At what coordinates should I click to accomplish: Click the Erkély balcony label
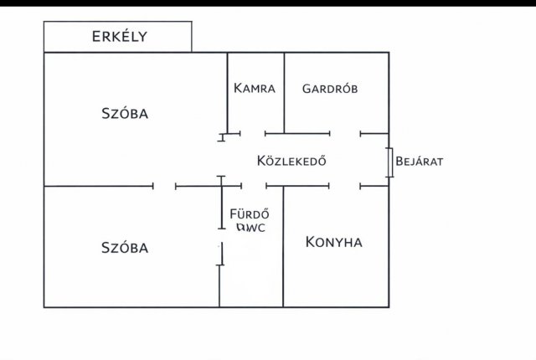point(119,36)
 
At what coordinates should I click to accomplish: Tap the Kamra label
point(255,88)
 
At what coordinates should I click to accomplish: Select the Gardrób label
point(330,89)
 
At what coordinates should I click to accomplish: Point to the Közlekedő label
point(291,161)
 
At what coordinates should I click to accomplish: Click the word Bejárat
point(419,162)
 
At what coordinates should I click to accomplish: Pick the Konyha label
point(333,242)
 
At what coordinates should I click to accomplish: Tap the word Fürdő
point(250,214)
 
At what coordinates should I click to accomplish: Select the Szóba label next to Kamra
point(125,113)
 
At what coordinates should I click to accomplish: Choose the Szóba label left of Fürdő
point(125,248)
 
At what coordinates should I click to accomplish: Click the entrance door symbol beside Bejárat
point(389,162)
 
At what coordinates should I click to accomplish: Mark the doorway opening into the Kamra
point(253,134)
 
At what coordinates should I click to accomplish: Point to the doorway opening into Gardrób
point(345,134)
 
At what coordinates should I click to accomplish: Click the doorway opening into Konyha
point(344,186)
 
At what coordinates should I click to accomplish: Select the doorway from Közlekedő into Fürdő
point(254,186)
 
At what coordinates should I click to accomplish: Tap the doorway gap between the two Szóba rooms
point(164,186)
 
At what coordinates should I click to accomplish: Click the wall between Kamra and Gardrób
point(284,93)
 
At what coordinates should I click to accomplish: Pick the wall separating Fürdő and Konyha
point(283,247)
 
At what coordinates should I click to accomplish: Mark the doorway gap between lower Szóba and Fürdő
point(221,235)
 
